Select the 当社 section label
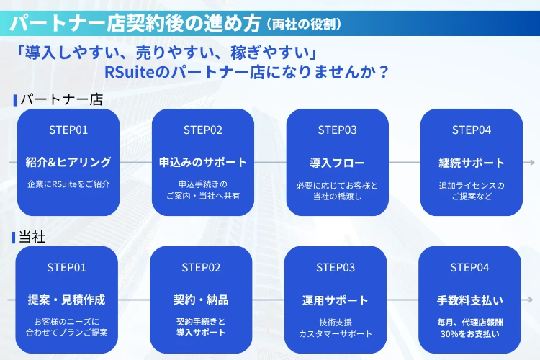pos(33,237)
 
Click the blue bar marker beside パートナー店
pos(14,99)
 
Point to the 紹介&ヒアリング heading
pos(68,162)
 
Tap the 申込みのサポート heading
pos(203,162)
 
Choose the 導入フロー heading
pos(337,162)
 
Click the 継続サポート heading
pos(472,162)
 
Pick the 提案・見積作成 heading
pos(67,300)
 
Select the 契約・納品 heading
pos(201,300)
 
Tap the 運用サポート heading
pos(336,300)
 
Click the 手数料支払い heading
pos(469,300)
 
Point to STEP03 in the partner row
pos(337,130)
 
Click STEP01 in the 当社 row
pos(67,267)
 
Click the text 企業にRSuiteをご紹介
pos(68,184)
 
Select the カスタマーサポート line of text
pos(336,333)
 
